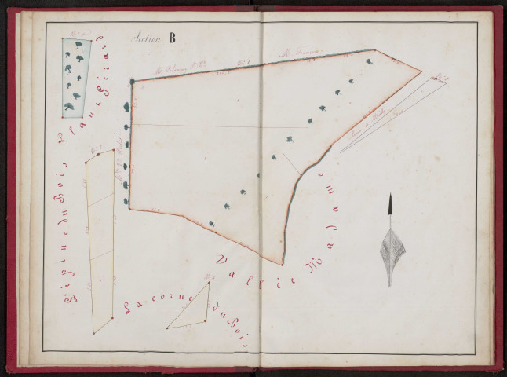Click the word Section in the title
pyautogui.click(x=145, y=38)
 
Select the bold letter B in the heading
pyautogui.click(x=171, y=37)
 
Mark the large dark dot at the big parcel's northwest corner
pyautogui.click(x=132, y=81)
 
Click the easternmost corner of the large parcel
pyautogui.click(x=421, y=72)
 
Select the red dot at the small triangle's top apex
pyautogui.click(x=210, y=284)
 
